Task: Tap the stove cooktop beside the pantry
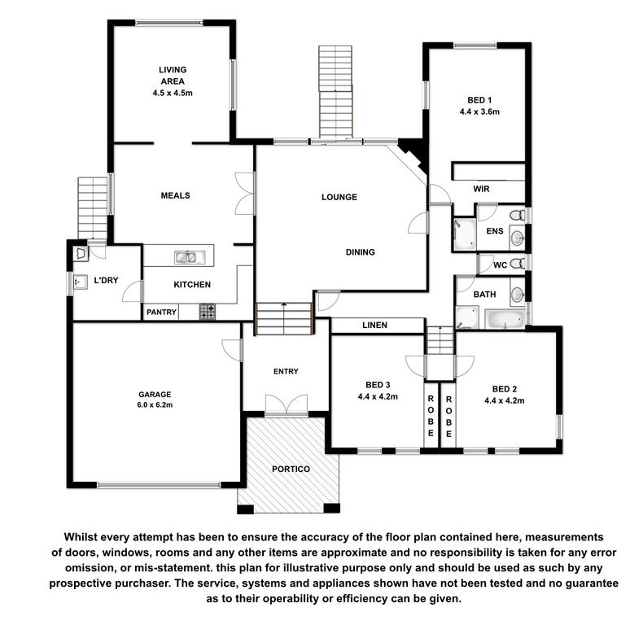[x=208, y=312]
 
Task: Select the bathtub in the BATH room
[x=505, y=319]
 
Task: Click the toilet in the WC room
[x=517, y=263]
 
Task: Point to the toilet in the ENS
[x=518, y=215]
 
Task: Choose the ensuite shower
[x=465, y=234]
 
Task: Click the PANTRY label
[x=162, y=312]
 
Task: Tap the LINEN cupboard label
[x=374, y=326]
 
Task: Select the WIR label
[x=481, y=189]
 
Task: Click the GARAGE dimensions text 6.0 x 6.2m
[x=155, y=405]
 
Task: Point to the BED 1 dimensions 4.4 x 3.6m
[x=479, y=111]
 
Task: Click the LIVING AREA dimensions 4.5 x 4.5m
[x=173, y=93]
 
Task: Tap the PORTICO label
[x=291, y=470]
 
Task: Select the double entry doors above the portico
[x=287, y=404]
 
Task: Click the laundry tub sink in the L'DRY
[x=80, y=282]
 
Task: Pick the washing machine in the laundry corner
[x=81, y=254]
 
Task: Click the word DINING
[x=361, y=252]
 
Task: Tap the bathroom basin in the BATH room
[x=518, y=295]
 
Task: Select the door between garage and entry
[x=233, y=350]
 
